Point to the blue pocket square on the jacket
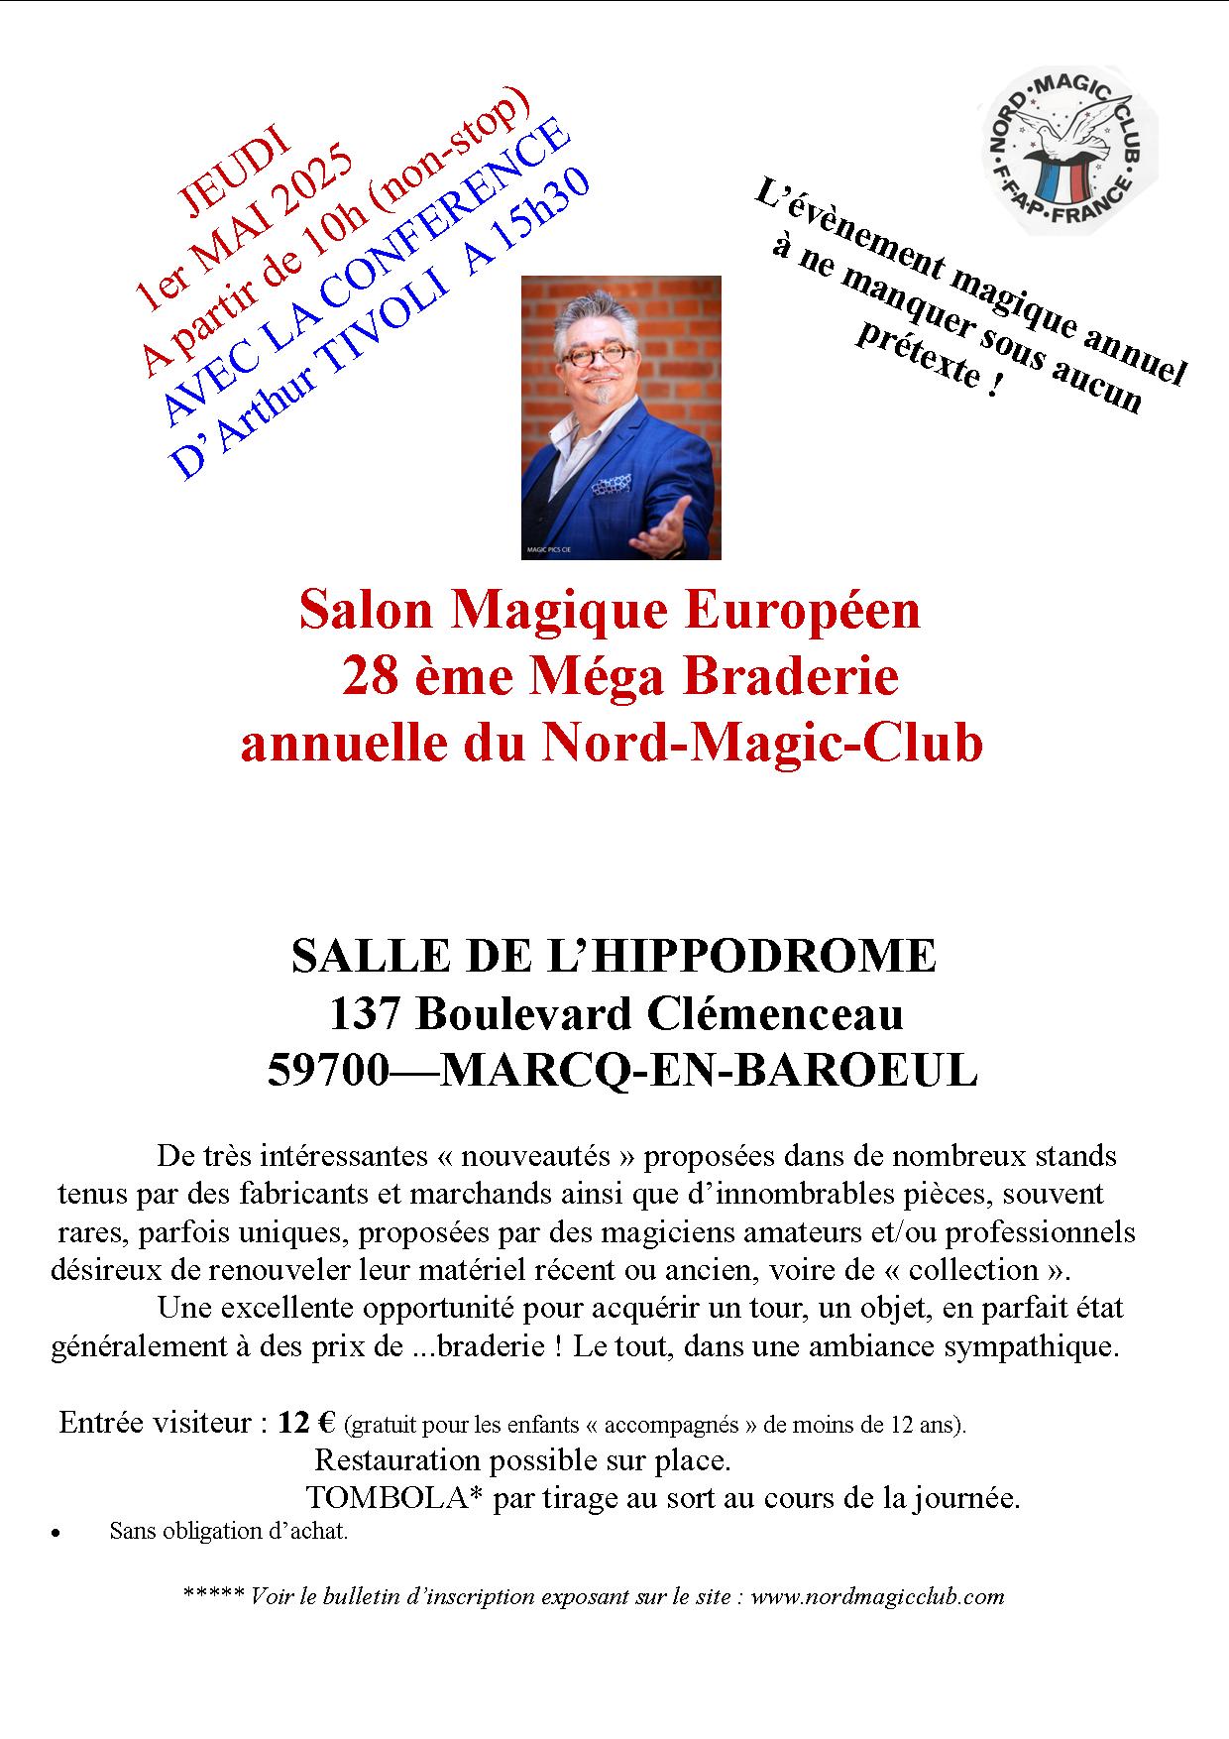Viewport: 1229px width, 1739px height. coord(612,485)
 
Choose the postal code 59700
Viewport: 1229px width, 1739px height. coord(327,1071)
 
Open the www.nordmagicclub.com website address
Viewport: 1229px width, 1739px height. coord(877,1596)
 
